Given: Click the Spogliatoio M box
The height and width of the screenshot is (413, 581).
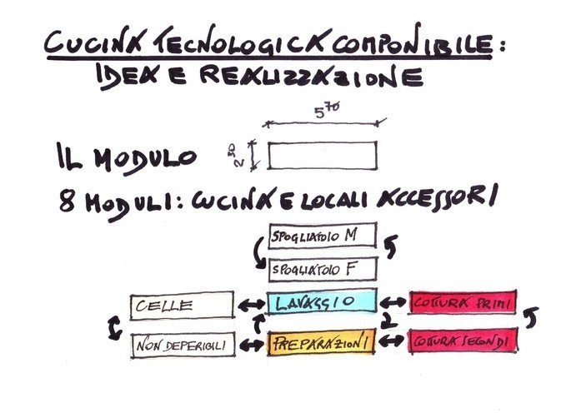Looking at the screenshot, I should tap(322, 237).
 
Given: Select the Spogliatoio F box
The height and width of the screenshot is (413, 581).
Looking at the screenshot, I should tap(322, 270).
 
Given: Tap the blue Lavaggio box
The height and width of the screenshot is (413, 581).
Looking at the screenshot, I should tap(322, 302).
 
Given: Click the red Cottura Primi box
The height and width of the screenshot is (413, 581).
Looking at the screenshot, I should tap(462, 302).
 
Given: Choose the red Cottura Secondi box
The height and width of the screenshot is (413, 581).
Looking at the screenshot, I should tap(462, 341).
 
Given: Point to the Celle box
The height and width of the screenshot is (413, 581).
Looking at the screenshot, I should tap(182, 306).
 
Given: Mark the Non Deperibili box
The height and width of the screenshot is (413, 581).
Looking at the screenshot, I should tap(183, 345).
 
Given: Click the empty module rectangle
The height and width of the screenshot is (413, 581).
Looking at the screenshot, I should tap(322, 155).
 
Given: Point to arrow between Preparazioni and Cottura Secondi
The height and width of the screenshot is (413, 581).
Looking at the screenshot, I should tap(392, 341).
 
